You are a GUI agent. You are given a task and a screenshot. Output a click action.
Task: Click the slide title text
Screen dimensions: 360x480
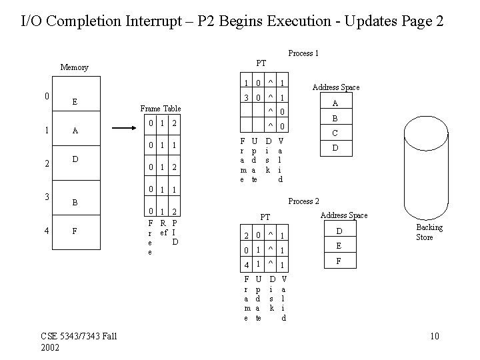233,21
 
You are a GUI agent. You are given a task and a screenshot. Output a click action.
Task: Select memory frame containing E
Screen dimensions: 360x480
75,102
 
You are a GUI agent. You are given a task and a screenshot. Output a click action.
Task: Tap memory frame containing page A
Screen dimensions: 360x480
75,131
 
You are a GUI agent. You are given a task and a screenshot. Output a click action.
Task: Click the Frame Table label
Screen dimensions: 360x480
160,109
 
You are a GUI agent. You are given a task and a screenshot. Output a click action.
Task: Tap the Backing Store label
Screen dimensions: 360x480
429,233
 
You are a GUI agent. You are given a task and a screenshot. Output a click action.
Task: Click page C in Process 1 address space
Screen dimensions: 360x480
335,133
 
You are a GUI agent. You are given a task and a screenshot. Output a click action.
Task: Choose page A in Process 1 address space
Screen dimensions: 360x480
335,103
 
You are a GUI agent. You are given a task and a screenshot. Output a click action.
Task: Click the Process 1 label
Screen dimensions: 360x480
303,53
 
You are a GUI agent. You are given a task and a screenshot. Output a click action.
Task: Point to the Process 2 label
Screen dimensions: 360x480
303,201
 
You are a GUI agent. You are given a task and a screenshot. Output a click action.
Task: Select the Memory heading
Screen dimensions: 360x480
74,67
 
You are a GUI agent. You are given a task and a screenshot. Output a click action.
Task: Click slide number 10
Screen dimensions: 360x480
435,335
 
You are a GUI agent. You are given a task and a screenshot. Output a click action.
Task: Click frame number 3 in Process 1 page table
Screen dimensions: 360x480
247,98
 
